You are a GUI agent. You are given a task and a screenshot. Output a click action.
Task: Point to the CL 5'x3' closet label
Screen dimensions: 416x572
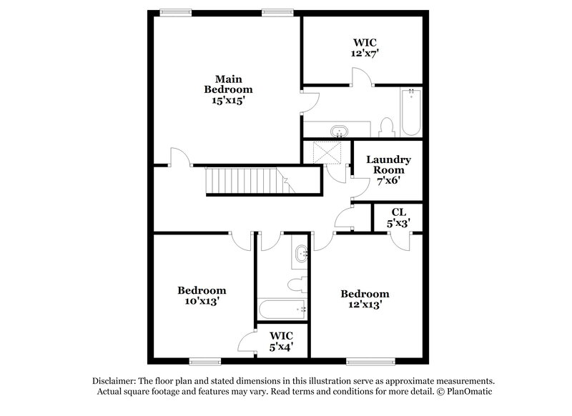(399, 217)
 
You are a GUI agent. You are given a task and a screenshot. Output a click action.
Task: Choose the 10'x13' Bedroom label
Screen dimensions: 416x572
(202, 296)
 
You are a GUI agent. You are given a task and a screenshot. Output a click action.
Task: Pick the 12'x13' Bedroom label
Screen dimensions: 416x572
(365, 299)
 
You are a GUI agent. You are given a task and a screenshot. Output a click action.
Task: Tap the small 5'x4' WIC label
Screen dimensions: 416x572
(280, 342)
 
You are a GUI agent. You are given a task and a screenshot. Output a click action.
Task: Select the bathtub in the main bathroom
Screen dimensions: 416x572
(411, 112)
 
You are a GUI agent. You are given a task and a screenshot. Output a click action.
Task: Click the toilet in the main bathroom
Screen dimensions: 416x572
(388, 127)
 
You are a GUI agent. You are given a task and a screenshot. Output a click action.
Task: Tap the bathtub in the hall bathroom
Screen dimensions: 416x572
(282, 310)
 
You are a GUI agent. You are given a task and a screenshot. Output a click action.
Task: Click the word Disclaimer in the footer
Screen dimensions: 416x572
(118, 381)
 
